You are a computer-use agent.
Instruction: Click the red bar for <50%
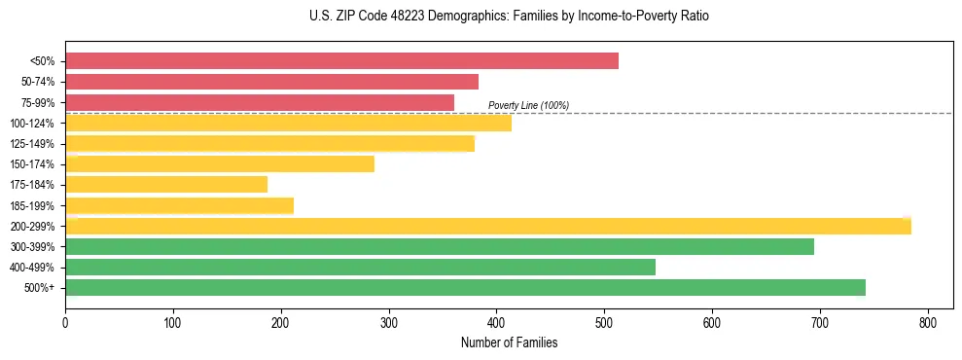[341, 61]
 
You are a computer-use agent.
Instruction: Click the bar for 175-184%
[166, 185]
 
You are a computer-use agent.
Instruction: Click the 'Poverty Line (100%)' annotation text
[528, 105]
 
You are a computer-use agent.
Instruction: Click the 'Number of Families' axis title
[510, 342]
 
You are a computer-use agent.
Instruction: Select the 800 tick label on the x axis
[928, 322]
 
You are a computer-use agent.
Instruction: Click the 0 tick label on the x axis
[65, 322]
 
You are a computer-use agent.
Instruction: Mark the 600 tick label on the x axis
[712, 322]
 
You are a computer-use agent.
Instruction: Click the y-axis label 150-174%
[33, 164]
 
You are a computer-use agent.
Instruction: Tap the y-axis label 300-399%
[33, 247]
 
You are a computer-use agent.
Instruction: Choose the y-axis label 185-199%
[33, 206]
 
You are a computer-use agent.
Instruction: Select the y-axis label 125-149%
[33, 144]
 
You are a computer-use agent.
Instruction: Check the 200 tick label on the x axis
[281, 322]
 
